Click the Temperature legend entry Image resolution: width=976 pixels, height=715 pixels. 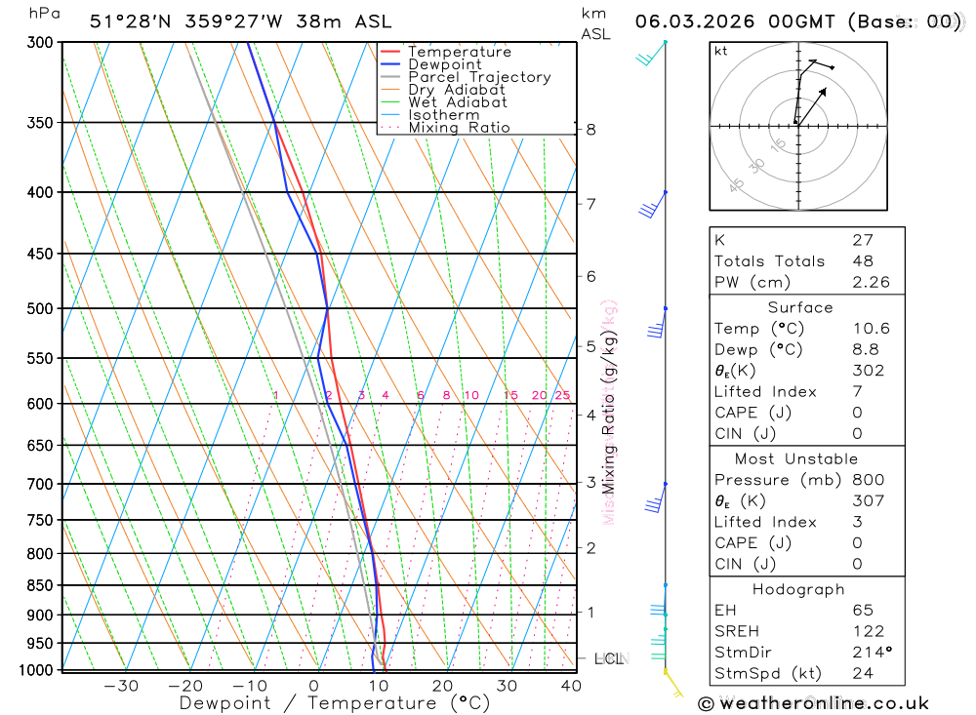pos(459,52)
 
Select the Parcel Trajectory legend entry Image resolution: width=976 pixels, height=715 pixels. pos(479,77)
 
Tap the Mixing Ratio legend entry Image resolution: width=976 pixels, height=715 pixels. pos(459,128)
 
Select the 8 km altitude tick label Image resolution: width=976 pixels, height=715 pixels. pos(591,129)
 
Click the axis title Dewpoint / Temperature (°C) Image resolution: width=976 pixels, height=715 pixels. pos(334,703)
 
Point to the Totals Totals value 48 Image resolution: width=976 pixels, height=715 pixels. pos(863,261)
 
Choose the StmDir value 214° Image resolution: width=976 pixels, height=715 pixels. pos(868,653)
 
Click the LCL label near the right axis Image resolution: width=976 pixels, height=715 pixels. pos(608,659)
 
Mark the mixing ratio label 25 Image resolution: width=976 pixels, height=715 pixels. pos(562,395)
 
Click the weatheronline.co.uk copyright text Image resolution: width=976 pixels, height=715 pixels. pos(813,703)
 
